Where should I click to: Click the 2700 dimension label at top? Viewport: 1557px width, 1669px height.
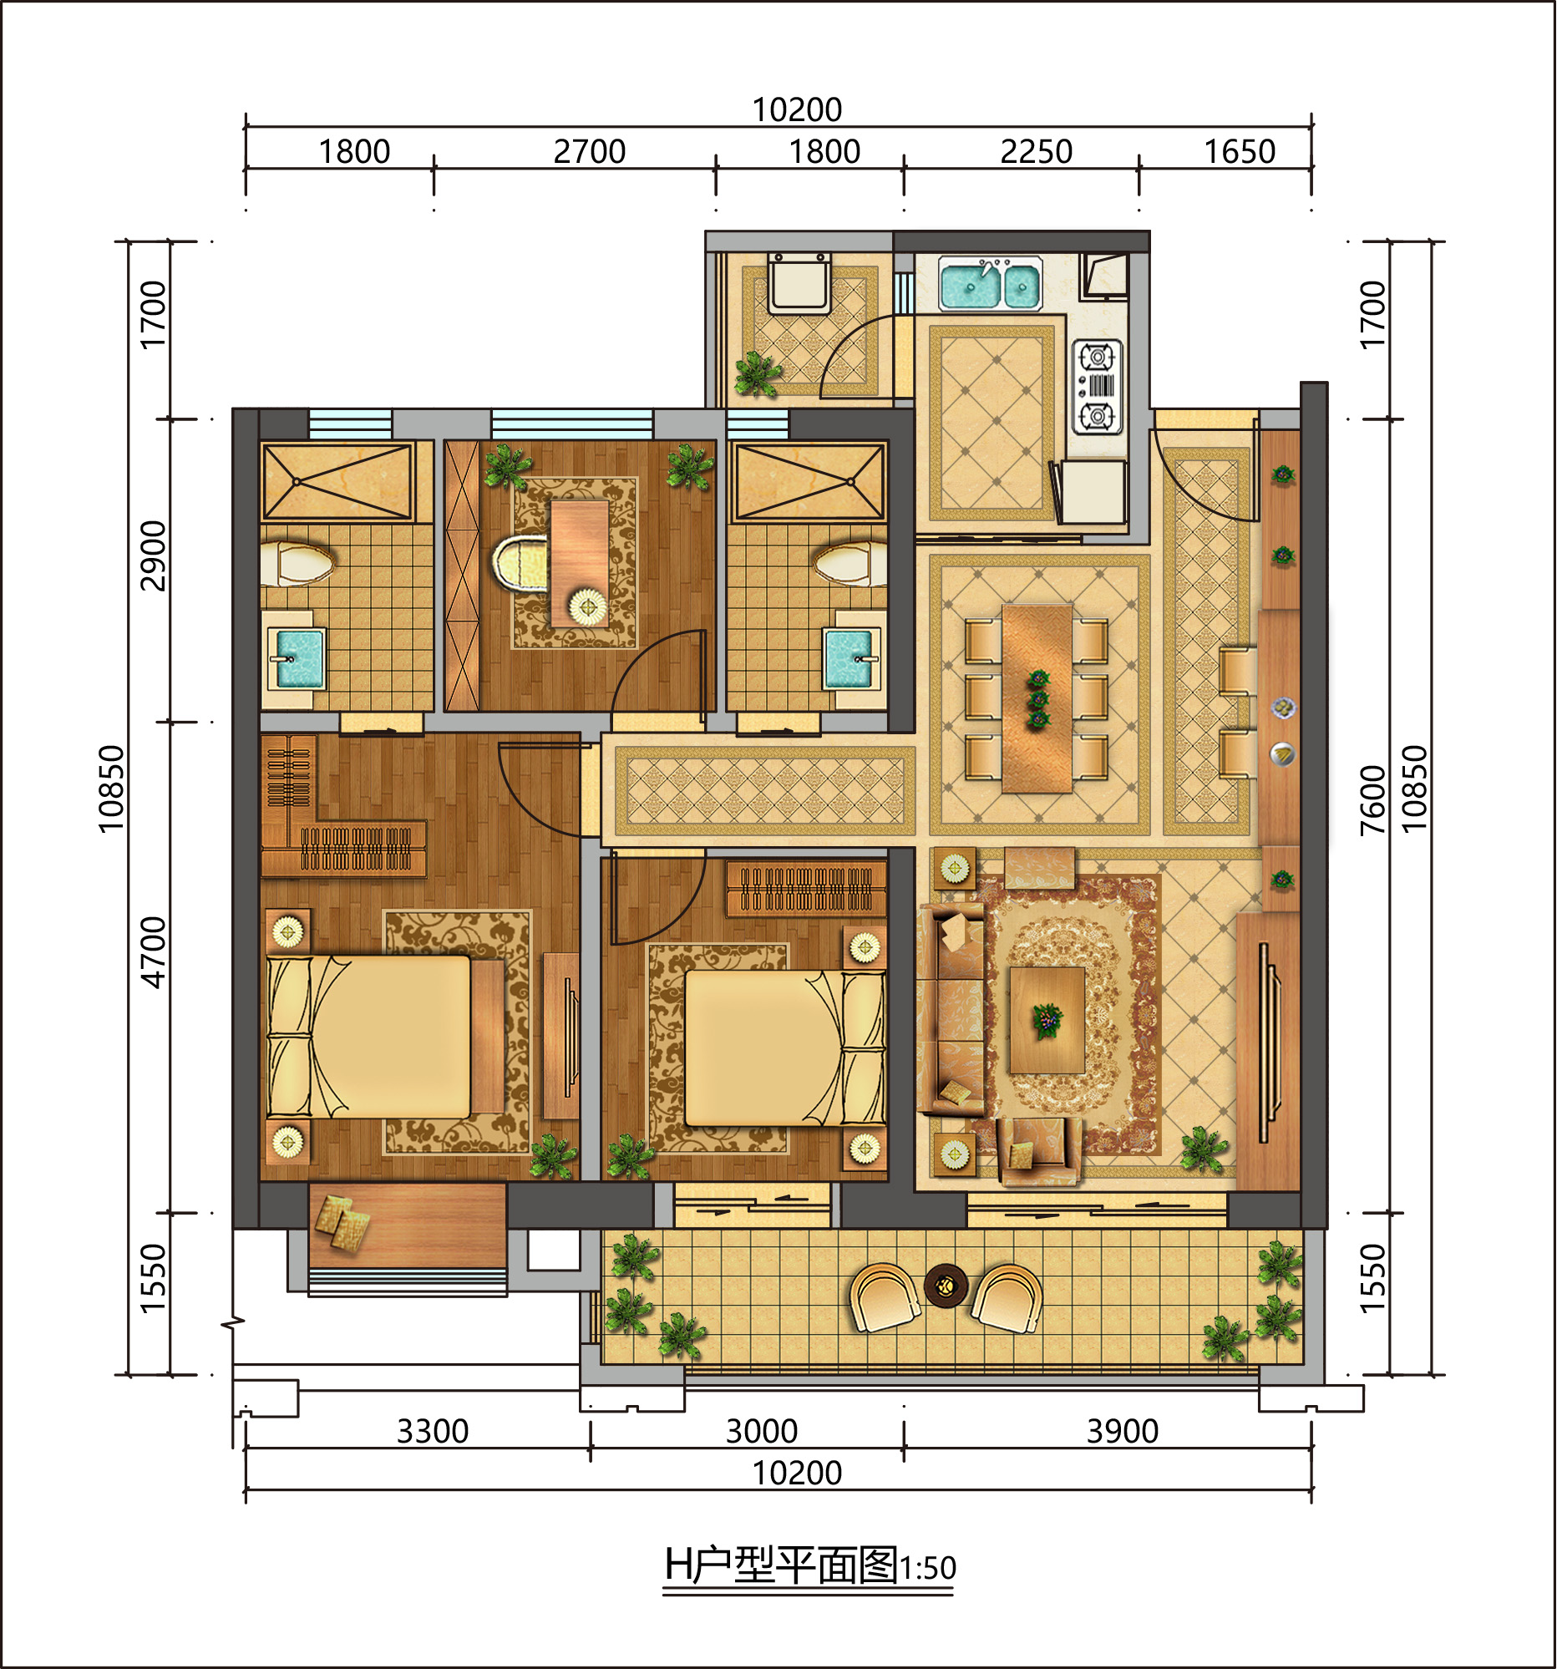(x=589, y=152)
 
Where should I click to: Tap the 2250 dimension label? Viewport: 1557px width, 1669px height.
(x=1036, y=152)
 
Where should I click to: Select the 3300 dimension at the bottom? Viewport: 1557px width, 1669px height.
(x=432, y=1432)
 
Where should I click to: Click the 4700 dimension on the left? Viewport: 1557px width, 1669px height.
(x=154, y=952)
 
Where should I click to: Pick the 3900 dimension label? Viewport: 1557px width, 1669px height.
(x=1122, y=1432)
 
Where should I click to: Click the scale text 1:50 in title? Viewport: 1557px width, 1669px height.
(x=927, y=1568)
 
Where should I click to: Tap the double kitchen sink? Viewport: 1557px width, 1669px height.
(x=991, y=284)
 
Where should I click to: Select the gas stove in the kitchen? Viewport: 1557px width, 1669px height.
(x=1097, y=387)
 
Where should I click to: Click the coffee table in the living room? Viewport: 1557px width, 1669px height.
(x=1047, y=1020)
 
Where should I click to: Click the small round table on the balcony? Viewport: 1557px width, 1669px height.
(x=946, y=1286)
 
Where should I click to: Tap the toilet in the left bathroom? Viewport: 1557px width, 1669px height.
(x=297, y=562)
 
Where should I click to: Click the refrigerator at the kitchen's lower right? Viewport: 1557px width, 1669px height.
(x=1091, y=492)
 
